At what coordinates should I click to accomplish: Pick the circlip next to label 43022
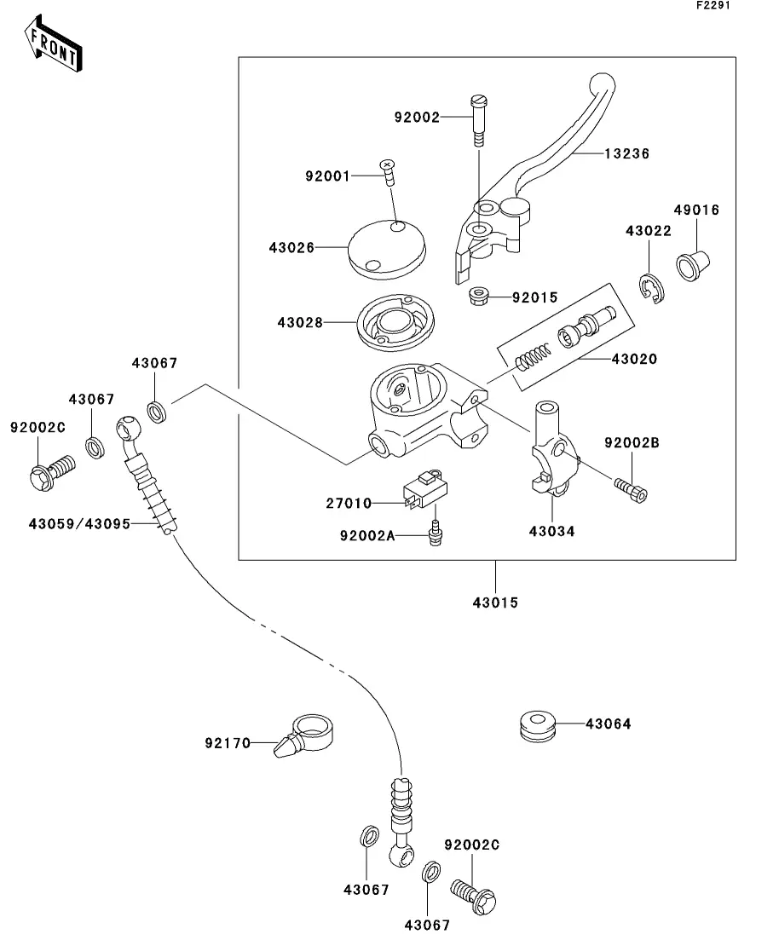click(x=654, y=288)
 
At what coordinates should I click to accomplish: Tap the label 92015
click(x=534, y=297)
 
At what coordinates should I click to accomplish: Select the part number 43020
click(x=633, y=360)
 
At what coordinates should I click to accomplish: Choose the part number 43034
click(x=551, y=531)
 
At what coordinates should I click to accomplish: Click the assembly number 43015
click(x=495, y=603)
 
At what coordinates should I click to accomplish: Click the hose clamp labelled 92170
click(x=307, y=735)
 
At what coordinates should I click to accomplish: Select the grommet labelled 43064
click(x=537, y=724)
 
